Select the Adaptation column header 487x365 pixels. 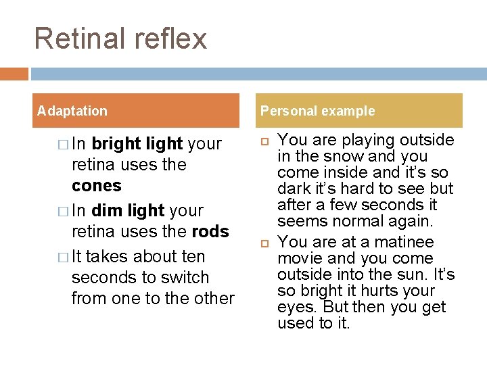pyautogui.click(x=72, y=111)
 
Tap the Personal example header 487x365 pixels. pyautogui.click(x=318, y=111)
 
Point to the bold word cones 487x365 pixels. pyautogui.click(x=97, y=186)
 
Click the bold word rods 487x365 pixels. pyautogui.click(x=210, y=232)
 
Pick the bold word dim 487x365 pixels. pyautogui.click(x=108, y=210)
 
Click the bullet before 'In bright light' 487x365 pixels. pyautogui.click(x=62, y=145)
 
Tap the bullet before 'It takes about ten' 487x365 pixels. pyautogui.click(x=62, y=257)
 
